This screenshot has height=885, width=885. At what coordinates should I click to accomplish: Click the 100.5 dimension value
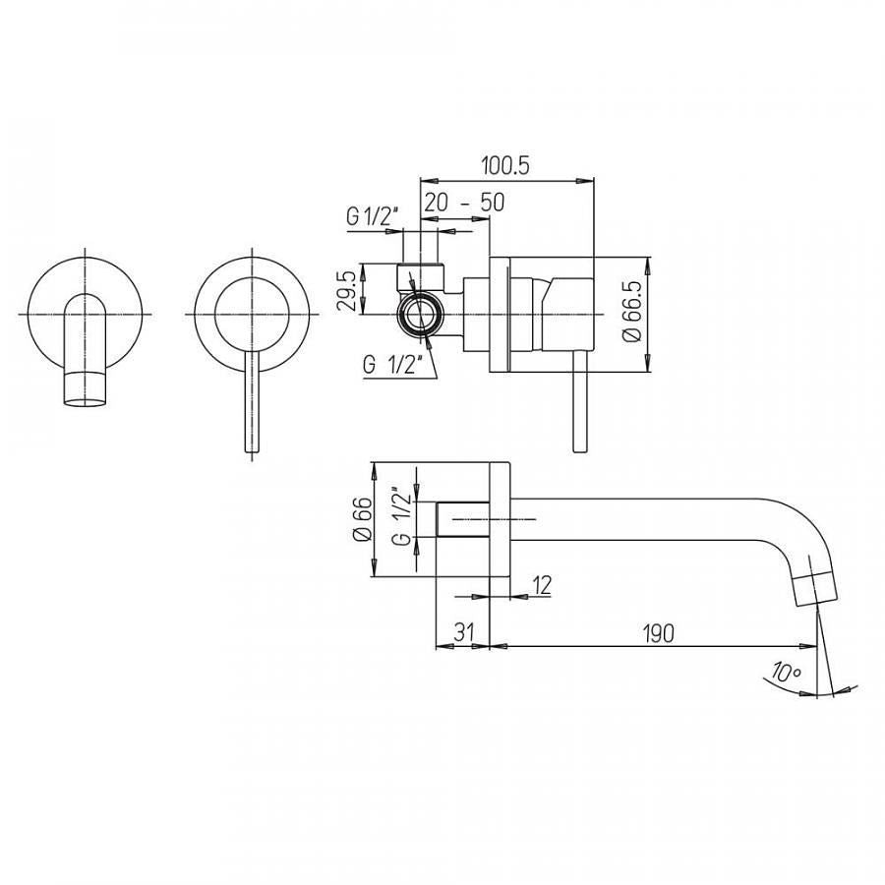tap(505, 166)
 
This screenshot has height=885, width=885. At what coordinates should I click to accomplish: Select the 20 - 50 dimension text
tap(464, 202)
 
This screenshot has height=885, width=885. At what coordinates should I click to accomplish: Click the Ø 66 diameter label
tap(363, 518)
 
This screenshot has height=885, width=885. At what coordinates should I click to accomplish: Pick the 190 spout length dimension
tap(659, 633)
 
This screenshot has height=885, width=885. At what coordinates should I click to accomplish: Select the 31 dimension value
tap(464, 632)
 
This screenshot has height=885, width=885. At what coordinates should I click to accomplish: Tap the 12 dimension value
tap(541, 585)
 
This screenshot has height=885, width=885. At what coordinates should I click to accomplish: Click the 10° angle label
tap(787, 672)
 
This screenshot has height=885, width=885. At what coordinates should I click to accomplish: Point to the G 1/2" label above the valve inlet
tap(373, 216)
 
